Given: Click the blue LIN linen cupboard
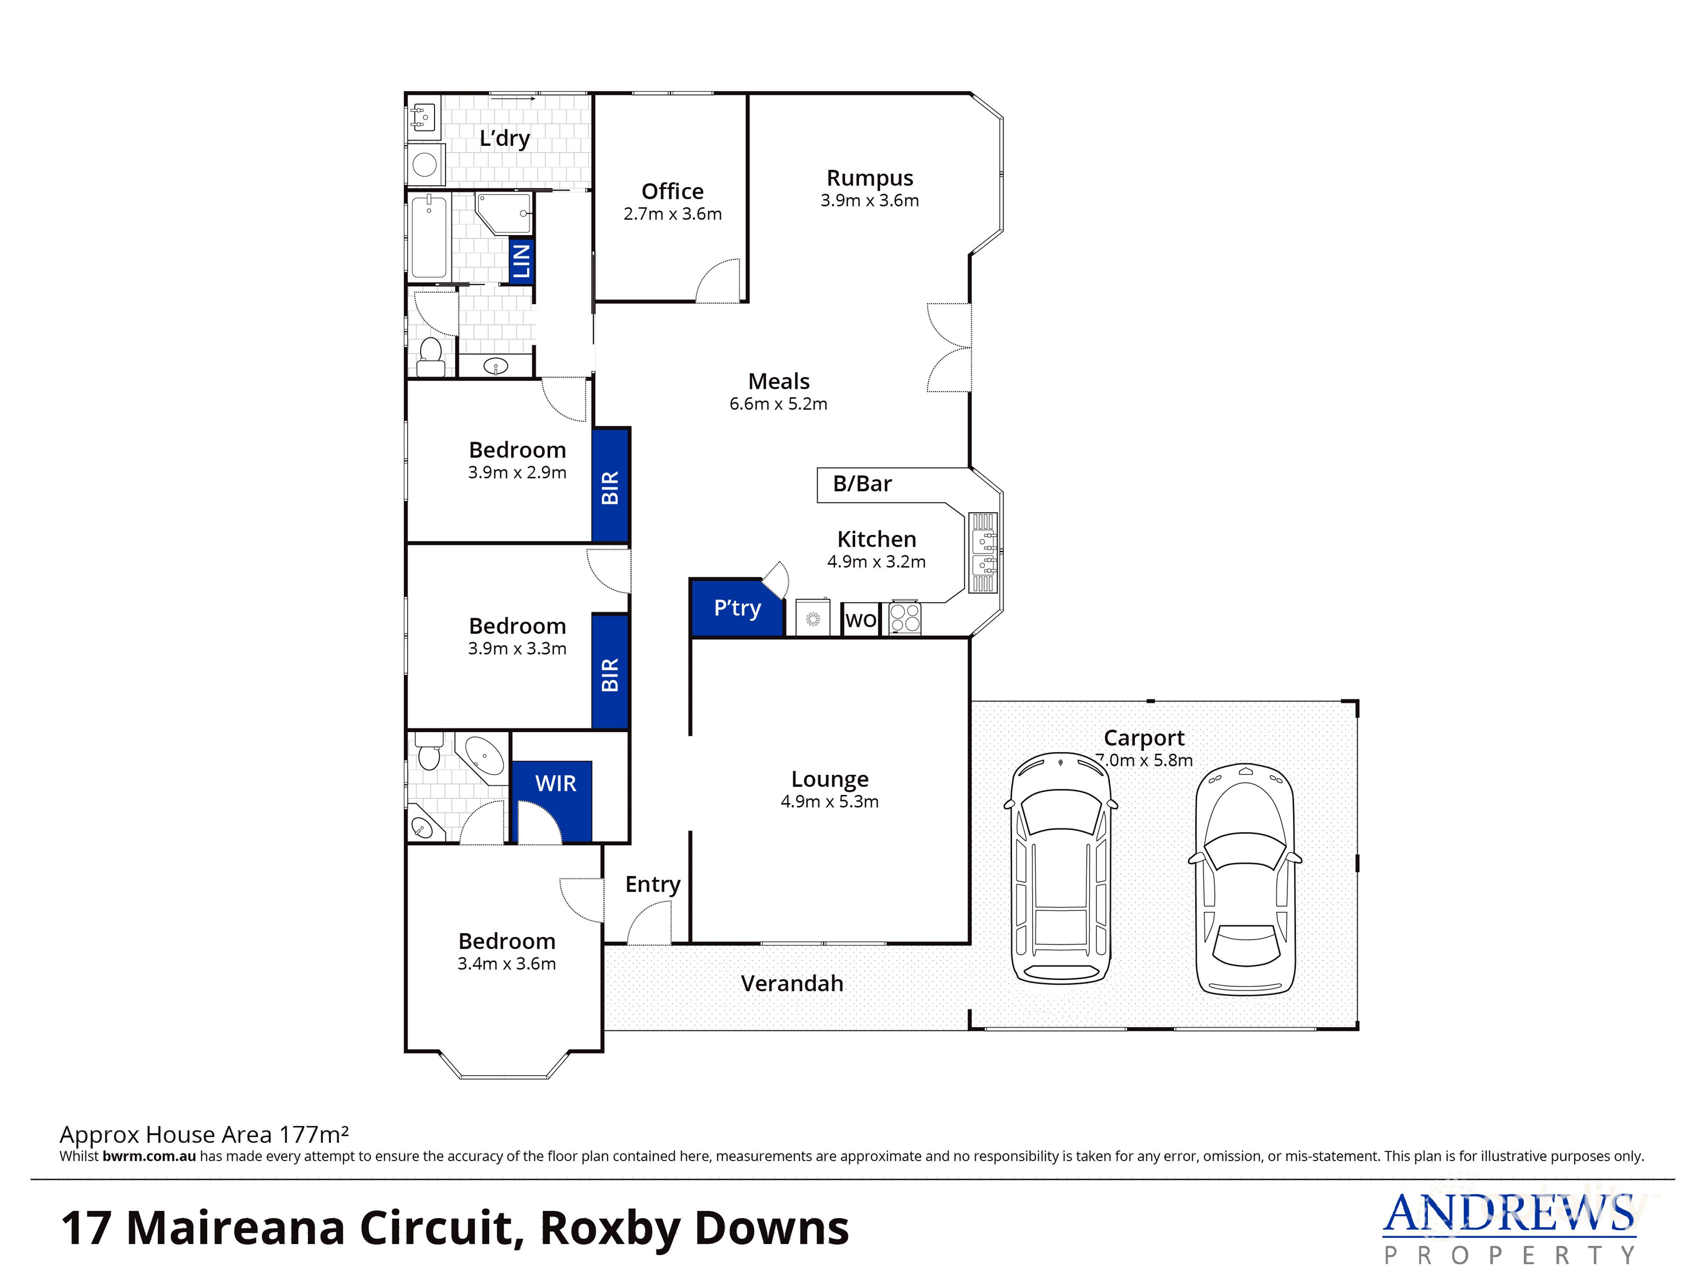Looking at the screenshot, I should coord(521,261).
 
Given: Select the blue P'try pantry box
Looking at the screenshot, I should coord(737,608).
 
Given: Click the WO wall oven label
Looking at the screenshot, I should coord(861,620).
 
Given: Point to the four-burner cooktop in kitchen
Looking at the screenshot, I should coord(905,618).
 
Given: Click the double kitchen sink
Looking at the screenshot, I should coord(983,553).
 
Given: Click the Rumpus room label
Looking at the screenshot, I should coord(869,178).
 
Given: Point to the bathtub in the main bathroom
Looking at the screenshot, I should coord(429,237).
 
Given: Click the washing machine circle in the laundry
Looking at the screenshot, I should coord(425,164).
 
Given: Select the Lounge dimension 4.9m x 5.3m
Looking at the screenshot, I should coord(829,802).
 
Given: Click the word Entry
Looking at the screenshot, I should coord(653,884).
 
